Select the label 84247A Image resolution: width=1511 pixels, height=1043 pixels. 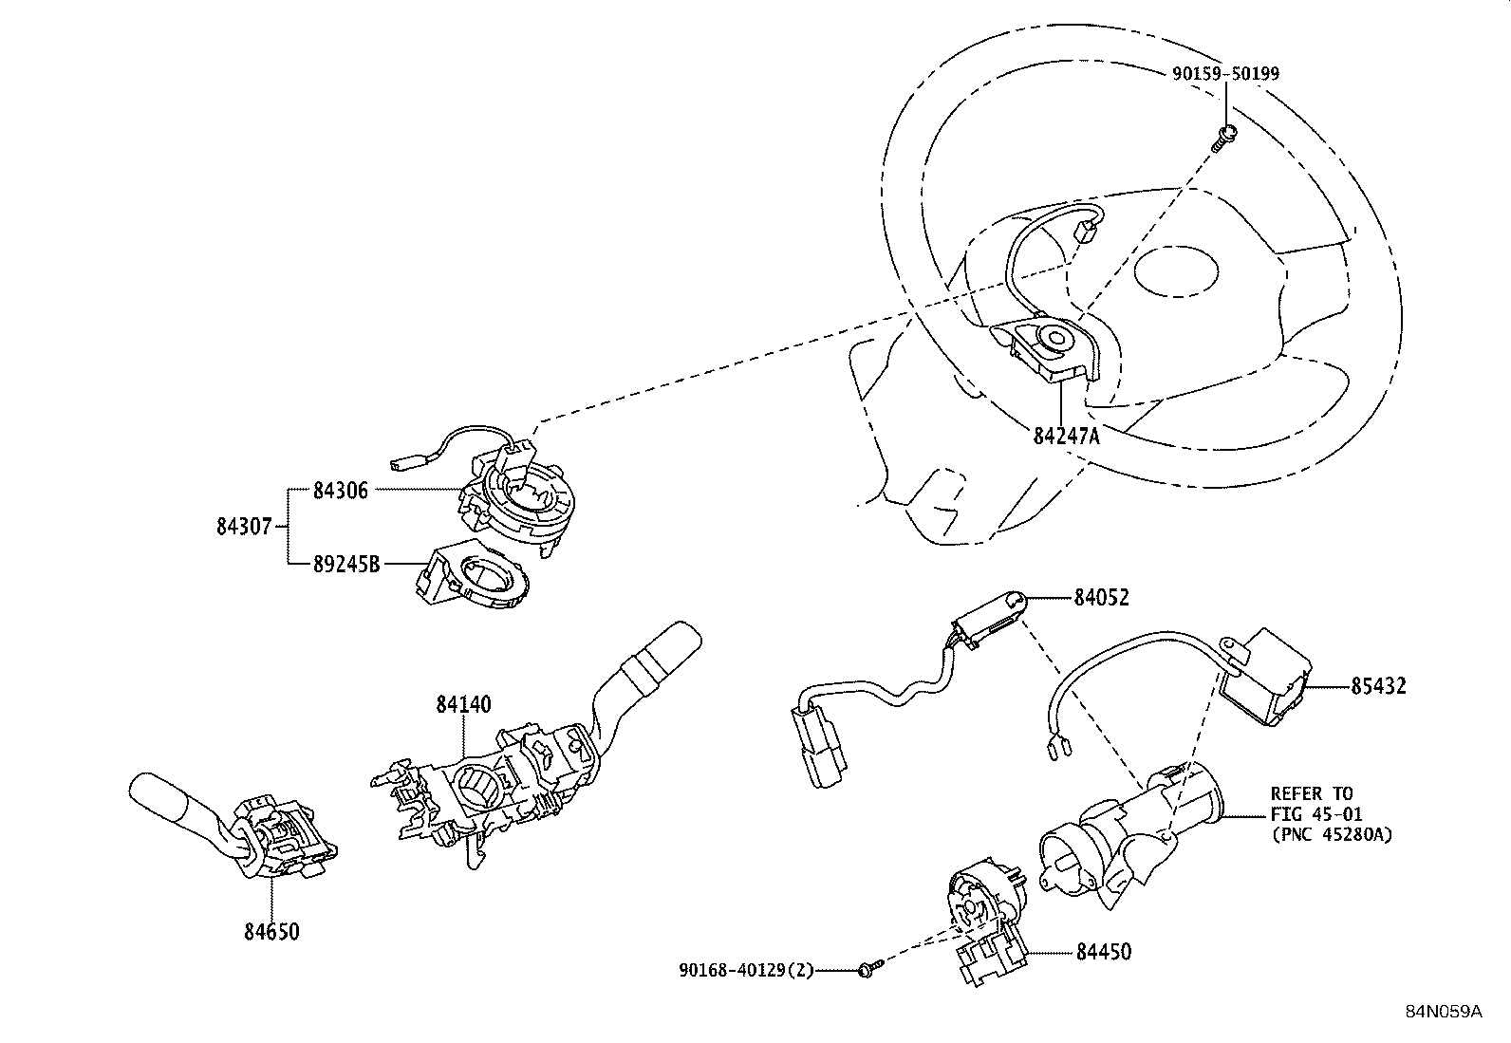1066,436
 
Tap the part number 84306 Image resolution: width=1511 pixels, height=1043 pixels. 340,491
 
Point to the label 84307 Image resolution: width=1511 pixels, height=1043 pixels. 244,525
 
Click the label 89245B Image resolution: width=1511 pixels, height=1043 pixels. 345,564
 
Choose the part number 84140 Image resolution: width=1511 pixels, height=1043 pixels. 463,704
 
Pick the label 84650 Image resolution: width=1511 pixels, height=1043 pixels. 271,932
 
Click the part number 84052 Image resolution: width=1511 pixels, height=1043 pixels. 1102,597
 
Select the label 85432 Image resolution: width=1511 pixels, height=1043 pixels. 1378,685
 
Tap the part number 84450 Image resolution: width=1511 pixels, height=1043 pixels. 1103,951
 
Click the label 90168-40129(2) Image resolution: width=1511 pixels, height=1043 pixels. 746,970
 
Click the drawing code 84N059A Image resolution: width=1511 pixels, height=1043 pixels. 1443,1012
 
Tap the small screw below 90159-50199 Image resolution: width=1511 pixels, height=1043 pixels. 1225,137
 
